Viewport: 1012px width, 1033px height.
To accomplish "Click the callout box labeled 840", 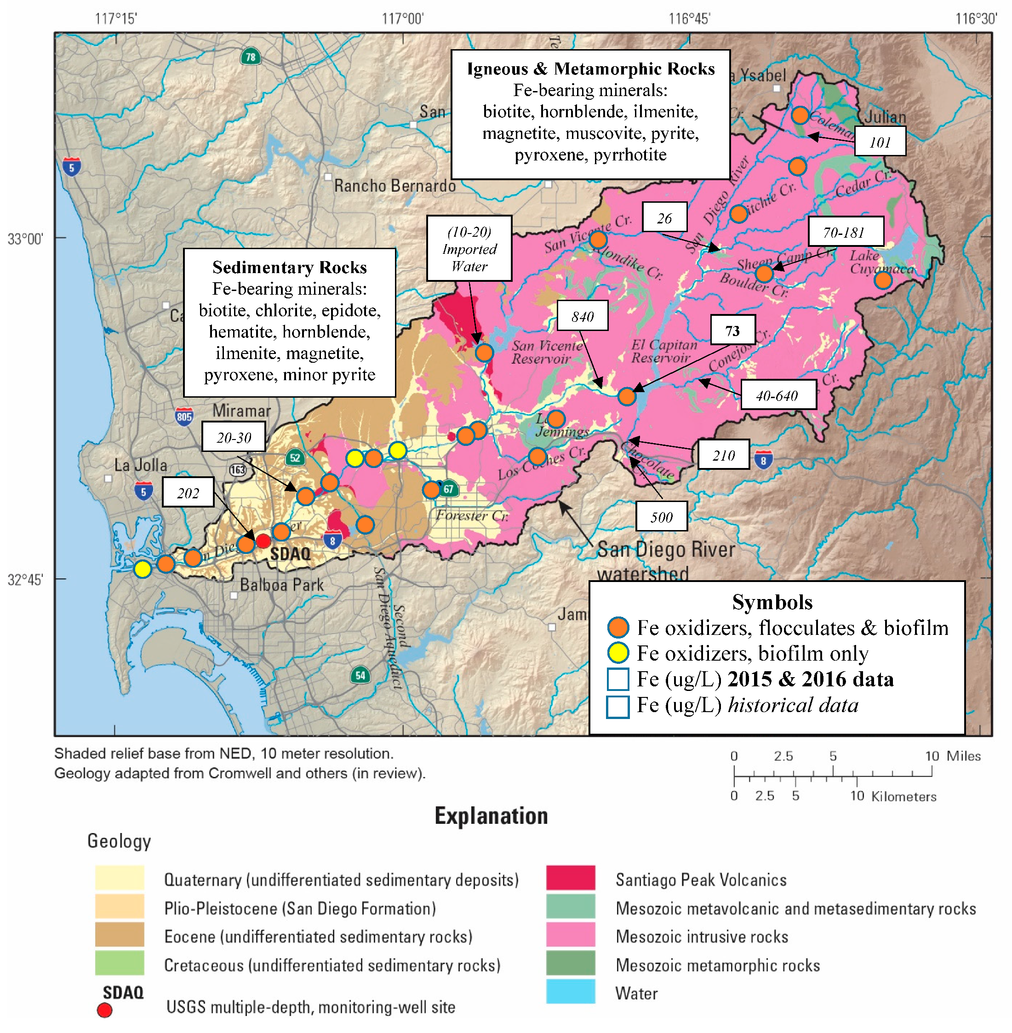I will pyautogui.click(x=582, y=316).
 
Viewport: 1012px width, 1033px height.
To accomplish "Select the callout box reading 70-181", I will pyautogui.click(x=845, y=232).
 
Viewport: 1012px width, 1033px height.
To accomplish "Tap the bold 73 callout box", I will pyautogui.click(x=732, y=330).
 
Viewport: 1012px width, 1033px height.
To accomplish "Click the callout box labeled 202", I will pyautogui.click(x=188, y=492).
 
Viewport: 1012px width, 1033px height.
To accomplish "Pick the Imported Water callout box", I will pyautogui.click(x=469, y=248).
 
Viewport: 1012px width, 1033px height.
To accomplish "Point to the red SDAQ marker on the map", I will pyautogui.click(x=263, y=541).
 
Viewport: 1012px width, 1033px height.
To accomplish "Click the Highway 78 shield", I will pyautogui.click(x=250, y=57).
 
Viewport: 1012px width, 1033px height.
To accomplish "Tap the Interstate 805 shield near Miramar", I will pyautogui.click(x=184, y=416).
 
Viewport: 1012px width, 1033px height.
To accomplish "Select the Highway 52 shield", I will pyautogui.click(x=295, y=457).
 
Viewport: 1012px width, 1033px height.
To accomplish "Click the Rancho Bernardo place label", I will pyautogui.click(x=395, y=186).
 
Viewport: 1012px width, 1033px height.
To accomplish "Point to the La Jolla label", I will pyautogui.click(x=141, y=466).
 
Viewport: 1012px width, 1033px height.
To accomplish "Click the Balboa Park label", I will pyautogui.click(x=282, y=585).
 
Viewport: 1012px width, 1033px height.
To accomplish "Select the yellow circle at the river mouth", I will pyautogui.click(x=143, y=569).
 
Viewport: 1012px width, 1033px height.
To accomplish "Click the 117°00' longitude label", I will pyautogui.click(x=402, y=19).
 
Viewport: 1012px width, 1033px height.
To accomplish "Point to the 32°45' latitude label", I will pyautogui.click(x=25, y=579).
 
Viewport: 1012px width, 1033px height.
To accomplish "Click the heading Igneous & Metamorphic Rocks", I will pyautogui.click(x=590, y=69).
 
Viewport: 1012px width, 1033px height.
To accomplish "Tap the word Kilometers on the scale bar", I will pyautogui.click(x=903, y=796).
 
